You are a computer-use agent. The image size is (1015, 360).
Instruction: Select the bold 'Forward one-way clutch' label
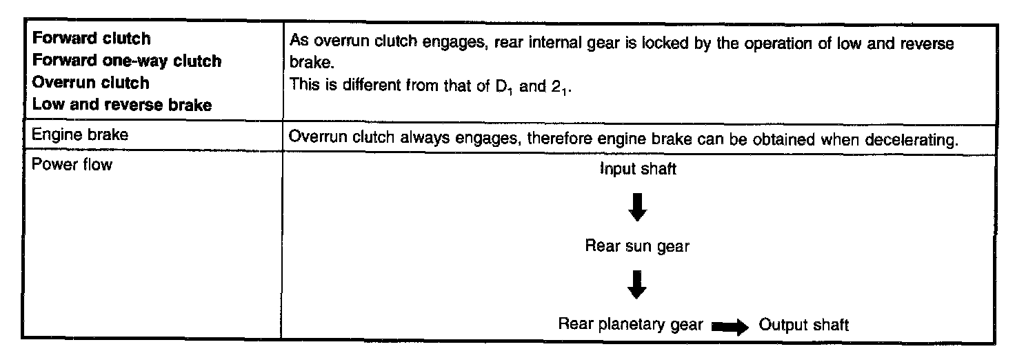[x=128, y=61]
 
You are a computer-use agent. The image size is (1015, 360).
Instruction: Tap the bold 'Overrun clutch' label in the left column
[x=90, y=83]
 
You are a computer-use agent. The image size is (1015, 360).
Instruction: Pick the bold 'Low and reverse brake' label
[x=122, y=105]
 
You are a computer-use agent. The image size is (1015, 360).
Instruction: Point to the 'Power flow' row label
[x=72, y=165]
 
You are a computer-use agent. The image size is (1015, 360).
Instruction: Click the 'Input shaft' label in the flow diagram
[x=638, y=170]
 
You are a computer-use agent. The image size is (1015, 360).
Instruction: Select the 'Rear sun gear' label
[x=637, y=246]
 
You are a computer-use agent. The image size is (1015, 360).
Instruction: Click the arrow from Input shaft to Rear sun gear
[x=638, y=207]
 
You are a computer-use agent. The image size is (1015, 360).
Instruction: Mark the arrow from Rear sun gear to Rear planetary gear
[x=638, y=284]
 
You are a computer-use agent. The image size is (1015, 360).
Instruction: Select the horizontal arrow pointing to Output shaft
[x=730, y=326]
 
